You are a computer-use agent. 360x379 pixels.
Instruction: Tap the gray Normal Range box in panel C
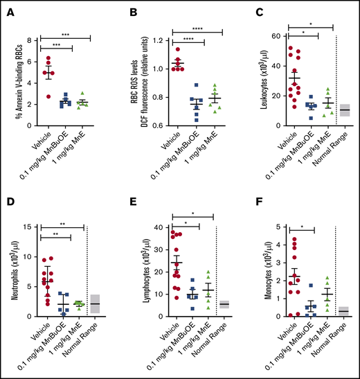(344, 110)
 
